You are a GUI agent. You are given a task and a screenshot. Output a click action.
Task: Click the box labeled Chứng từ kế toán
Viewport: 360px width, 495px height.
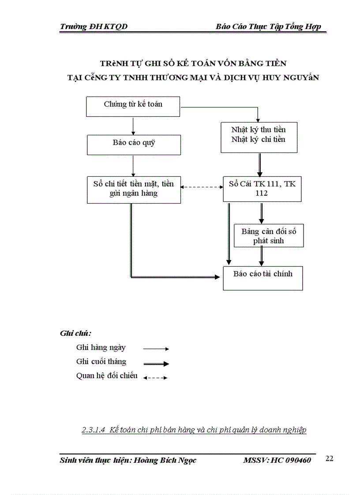coord(133,106)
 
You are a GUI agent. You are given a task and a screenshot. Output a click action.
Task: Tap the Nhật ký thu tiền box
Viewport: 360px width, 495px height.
coord(258,137)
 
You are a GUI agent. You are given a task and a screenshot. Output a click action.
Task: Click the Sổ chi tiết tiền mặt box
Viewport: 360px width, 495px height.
coord(134,190)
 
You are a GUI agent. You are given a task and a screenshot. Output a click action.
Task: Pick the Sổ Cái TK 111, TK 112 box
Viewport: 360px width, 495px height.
coord(262,189)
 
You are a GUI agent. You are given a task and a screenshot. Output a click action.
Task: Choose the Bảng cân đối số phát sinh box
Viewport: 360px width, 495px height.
coord(268,235)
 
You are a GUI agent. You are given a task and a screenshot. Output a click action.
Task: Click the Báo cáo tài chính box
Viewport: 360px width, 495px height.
coord(262,278)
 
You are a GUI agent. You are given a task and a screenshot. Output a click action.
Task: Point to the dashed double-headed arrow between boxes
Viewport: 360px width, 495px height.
coord(202,187)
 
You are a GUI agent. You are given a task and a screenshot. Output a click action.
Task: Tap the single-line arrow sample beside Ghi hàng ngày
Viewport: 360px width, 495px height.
coord(156,349)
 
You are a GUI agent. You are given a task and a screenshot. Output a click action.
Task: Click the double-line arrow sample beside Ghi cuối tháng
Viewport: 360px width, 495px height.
coord(156,364)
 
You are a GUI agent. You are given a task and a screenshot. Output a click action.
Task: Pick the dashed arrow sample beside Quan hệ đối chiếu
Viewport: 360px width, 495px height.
coord(155,378)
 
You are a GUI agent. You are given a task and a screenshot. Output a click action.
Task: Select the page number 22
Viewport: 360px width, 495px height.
coord(329,459)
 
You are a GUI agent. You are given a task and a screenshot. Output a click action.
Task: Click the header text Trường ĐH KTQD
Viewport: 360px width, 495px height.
coord(94,27)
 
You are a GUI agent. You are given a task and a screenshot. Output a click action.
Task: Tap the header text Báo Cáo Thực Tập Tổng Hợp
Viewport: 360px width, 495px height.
coord(268,27)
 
